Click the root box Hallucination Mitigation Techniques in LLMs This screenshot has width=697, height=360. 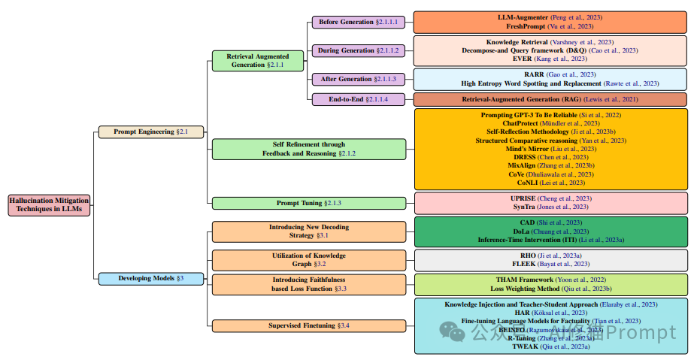[49, 205]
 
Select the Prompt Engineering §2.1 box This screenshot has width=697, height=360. [151, 132]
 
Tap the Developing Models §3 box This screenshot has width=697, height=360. [151, 279]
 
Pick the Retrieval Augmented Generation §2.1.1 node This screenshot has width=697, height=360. [258, 61]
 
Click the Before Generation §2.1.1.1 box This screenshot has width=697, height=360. [357, 23]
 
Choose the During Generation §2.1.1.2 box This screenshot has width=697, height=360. [357, 50]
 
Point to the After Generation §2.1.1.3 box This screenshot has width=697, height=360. [357, 79]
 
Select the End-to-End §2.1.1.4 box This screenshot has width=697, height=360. [357, 99]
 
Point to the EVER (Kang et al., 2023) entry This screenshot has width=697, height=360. [550, 59]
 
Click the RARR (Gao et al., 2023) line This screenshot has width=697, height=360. [550, 74]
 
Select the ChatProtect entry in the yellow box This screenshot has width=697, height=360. [550, 123]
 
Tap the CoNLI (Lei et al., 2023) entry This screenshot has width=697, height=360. [550, 182]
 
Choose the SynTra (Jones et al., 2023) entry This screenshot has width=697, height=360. [550, 207]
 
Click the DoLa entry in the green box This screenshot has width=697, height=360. [550, 231]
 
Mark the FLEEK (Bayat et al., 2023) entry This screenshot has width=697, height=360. [550, 265]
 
